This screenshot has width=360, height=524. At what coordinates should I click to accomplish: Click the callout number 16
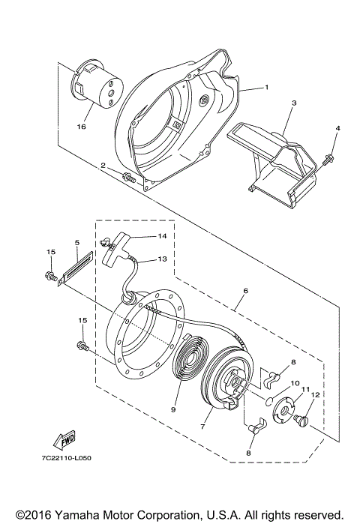click(x=80, y=126)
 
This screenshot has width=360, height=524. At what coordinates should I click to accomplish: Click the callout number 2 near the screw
click(x=103, y=165)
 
